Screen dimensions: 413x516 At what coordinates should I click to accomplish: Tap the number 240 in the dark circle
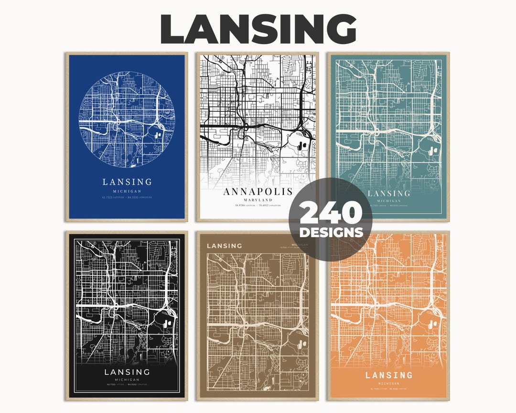pos(331,214)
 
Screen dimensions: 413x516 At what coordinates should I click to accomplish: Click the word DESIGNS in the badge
pos(331,233)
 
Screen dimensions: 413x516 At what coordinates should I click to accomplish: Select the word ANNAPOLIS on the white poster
pos(257,192)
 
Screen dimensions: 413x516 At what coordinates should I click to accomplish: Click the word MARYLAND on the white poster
pos(257,200)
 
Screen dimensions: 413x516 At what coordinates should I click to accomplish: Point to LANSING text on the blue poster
pos(127,182)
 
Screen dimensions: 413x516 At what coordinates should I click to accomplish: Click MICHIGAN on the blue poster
pos(127,190)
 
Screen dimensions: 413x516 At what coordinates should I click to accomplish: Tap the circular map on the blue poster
pos(127,120)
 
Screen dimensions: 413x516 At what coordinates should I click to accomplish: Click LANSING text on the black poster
pos(127,372)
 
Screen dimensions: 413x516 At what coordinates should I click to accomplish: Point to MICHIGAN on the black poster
pos(127,380)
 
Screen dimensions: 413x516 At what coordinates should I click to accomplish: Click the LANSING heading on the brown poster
pos(224,246)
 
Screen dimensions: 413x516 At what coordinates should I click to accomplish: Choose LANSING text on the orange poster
pos(388,375)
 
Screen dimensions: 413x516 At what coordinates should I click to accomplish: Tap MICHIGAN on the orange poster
pos(388,384)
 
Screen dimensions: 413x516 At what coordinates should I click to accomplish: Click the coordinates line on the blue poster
pos(127,196)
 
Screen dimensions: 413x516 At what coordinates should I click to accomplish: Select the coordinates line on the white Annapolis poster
pos(257,206)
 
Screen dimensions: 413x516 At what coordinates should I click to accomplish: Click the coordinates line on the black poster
pos(127,385)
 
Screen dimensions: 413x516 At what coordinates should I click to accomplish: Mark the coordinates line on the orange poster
pos(388,390)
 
